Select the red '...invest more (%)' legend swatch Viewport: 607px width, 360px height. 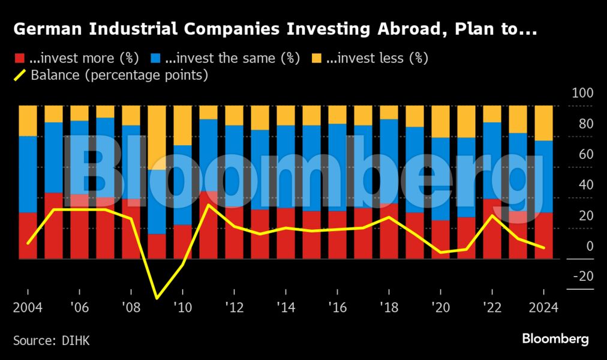tap(19, 59)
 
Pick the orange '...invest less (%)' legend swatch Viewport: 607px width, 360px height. tap(317, 59)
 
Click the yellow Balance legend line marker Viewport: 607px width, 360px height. tap(20, 76)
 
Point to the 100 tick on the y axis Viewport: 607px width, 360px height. tap(583, 94)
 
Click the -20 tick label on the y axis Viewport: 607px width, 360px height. tap(583, 277)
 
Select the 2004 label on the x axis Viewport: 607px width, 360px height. tap(28, 308)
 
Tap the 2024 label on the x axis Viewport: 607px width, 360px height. tap(544, 308)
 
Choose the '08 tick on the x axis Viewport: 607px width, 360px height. tap(131, 308)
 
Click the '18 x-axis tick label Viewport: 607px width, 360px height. tap(389, 308)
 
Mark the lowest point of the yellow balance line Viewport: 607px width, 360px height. tap(157, 298)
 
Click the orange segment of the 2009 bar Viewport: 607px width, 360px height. tap(157, 137)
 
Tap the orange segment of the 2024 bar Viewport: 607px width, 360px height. tap(544, 122)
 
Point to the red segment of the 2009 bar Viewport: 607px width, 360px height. tap(157, 247)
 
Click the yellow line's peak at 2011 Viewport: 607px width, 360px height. tap(208, 205)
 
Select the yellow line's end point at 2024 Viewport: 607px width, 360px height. tap(544, 248)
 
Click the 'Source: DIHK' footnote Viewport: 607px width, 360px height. tap(52, 340)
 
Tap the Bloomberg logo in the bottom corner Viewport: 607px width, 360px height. tap(555, 339)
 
